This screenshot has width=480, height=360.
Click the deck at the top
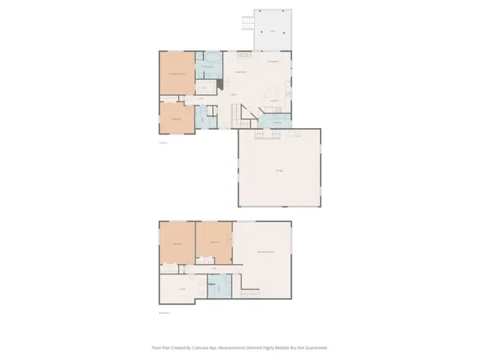click(x=272, y=30)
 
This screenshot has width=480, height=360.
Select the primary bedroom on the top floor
click(x=176, y=74)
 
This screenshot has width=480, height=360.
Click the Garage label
click(x=278, y=170)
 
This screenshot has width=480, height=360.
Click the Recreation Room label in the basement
click(x=264, y=253)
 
